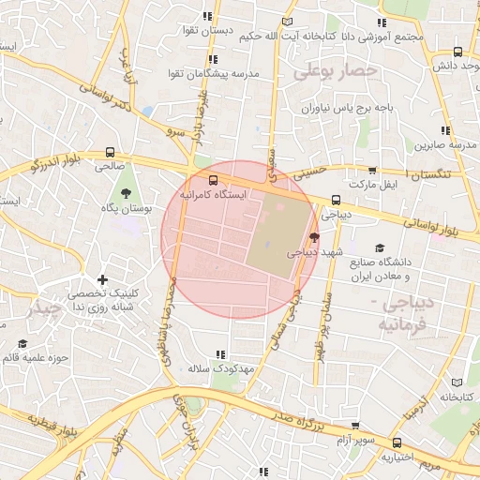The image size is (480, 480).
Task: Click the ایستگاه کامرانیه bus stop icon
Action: click(x=213, y=180)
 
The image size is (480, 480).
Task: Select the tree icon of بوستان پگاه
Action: click(x=125, y=192)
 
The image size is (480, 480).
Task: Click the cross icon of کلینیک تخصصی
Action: click(x=103, y=279)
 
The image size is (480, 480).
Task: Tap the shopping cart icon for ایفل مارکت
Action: click(x=372, y=172)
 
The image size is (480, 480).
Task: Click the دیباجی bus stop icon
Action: click(x=336, y=200)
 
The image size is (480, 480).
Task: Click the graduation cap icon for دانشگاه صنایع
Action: click(x=380, y=247)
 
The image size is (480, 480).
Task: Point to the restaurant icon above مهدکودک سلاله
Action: click(x=220, y=354)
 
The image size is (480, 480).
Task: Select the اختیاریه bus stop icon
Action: click(x=397, y=443)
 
